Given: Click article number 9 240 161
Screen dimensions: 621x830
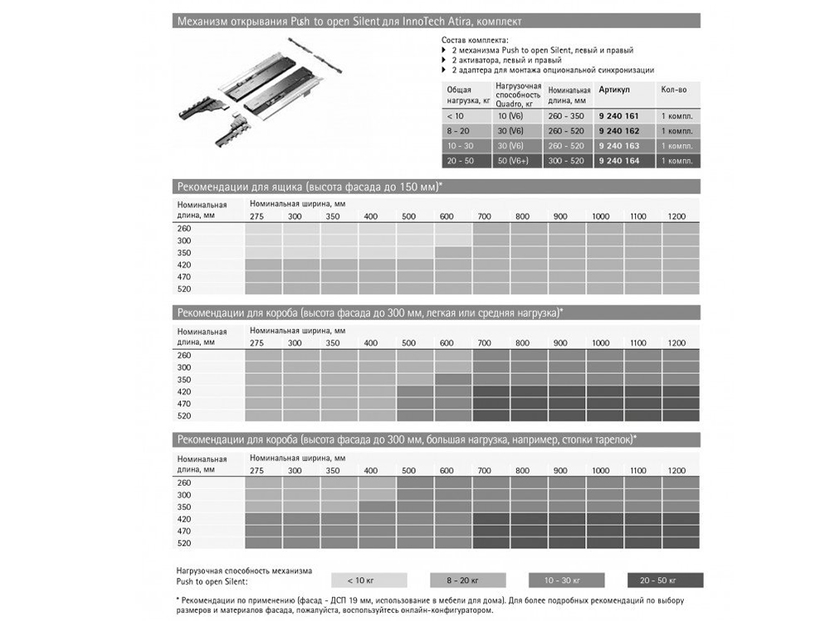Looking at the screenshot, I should point(618,116).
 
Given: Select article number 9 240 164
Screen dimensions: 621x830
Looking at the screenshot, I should point(618,161).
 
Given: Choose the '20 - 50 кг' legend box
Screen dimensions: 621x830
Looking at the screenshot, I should point(665,580).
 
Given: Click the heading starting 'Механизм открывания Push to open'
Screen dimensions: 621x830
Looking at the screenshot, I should point(349,21).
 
